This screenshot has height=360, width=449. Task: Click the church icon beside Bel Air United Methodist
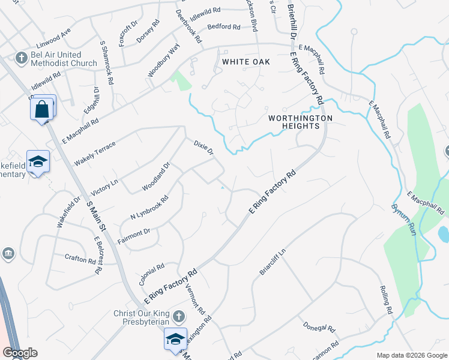pos(22,58)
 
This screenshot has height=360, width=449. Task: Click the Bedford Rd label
pos(223,27)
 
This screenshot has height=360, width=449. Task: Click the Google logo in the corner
pos(20,353)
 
